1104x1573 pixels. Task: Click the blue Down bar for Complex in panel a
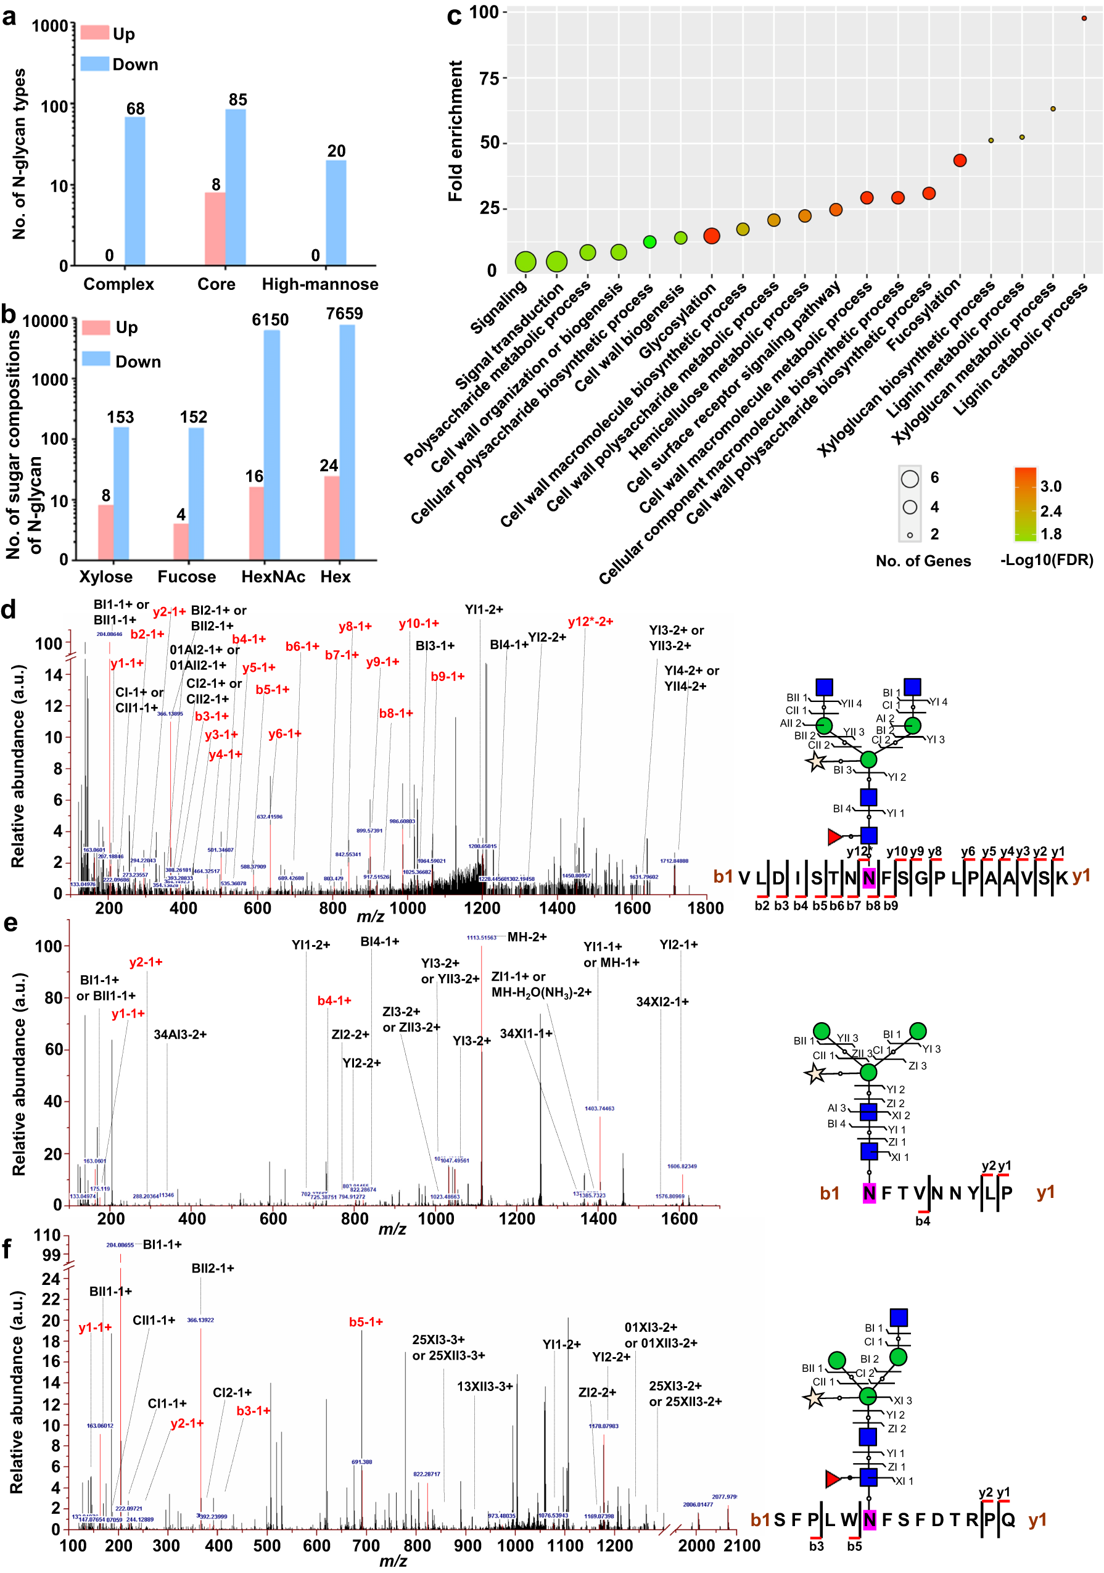(x=134, y=191)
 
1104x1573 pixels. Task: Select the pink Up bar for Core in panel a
(x=215, y=229)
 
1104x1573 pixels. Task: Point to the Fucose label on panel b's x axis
(x=186, y=577)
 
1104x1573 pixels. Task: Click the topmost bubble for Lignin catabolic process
(x=1084, y=19)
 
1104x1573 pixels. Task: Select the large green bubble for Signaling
(x=525, y=261)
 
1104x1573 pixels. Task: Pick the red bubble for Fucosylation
(x=960, y=160)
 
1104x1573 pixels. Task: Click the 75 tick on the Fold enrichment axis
(x=489, y=78)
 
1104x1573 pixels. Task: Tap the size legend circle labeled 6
(x=910, y=478)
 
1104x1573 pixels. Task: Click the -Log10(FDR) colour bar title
(x=1046, y=560)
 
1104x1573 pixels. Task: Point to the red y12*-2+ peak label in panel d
(x=590, y=622)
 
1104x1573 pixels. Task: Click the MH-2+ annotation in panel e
(x=527, y=937)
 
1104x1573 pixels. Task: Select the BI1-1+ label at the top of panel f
(x=162, y=1245)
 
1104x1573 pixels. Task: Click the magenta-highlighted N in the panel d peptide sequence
(x=868, y=878)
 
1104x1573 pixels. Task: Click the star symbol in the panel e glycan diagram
(x=815, y=1073)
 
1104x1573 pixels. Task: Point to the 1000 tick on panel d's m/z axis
(x=407, y=909)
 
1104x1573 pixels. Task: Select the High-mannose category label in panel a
(x=320, y=284)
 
